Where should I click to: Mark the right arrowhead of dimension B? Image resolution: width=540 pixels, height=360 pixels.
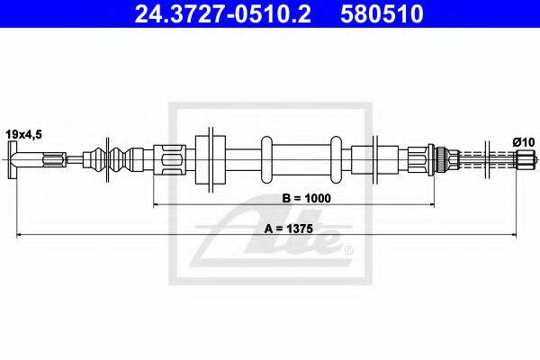[x=424, y=205]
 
